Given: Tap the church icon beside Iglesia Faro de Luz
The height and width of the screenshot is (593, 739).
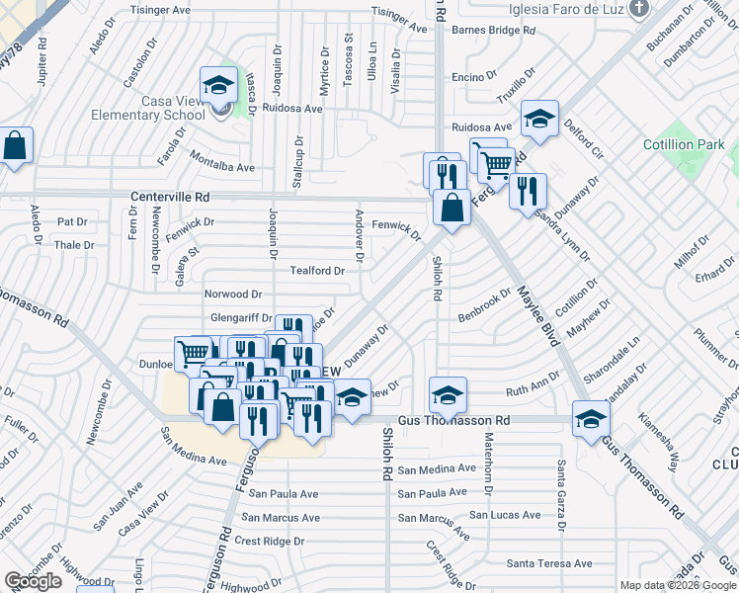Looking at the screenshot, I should point(639,9).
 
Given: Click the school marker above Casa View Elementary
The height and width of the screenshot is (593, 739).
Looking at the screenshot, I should point(218,86).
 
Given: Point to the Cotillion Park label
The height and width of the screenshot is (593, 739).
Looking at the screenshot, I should point(682,145).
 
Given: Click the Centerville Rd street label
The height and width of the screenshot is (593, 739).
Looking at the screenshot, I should point(170,198).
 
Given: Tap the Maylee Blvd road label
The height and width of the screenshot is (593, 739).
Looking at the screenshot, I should point(534,314).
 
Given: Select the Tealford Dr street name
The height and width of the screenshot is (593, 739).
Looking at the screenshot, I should point(317,270).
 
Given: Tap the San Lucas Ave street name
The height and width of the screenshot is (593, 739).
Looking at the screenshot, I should point(504,515).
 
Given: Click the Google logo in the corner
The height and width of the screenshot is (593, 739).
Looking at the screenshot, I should point(33,581).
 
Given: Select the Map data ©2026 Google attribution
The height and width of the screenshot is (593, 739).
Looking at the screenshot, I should point(677,585).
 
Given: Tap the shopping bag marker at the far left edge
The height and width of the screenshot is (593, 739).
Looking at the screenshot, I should point(16,146).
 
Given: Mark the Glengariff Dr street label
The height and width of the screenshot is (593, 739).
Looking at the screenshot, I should point(241,318).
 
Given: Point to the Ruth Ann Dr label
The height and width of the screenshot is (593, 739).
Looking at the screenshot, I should point(533,388).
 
